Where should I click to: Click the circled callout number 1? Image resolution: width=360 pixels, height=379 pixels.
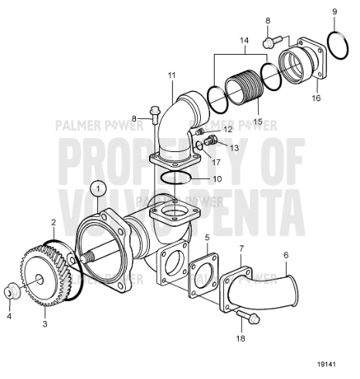pos(97,187)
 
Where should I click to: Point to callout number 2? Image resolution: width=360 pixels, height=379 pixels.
pos(53,223)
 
